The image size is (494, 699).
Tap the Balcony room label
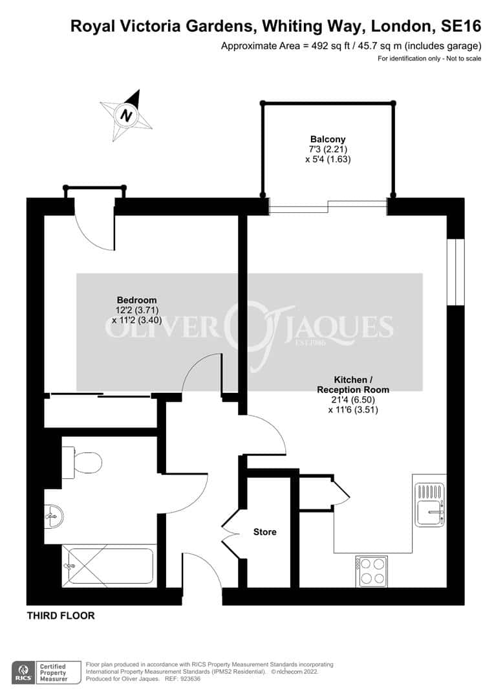point(328,139)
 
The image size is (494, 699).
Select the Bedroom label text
point(136,300)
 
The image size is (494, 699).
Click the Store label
point(264,532)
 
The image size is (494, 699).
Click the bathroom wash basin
point(54,517)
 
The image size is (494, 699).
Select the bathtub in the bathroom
point(109,566)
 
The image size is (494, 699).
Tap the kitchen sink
point(430,504)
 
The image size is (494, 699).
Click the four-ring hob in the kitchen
point(372,571)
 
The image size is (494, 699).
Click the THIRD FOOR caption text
point(61,616)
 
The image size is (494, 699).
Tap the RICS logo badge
point(24,672)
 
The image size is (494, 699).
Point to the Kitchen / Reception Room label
point(353,384)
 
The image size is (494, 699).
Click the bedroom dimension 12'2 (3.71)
point(136,310)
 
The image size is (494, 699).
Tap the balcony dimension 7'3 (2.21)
point(328,149)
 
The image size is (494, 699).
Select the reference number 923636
point(189,679)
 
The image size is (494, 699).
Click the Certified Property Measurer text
point(54,672)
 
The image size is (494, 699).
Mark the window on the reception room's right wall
point(456,272)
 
